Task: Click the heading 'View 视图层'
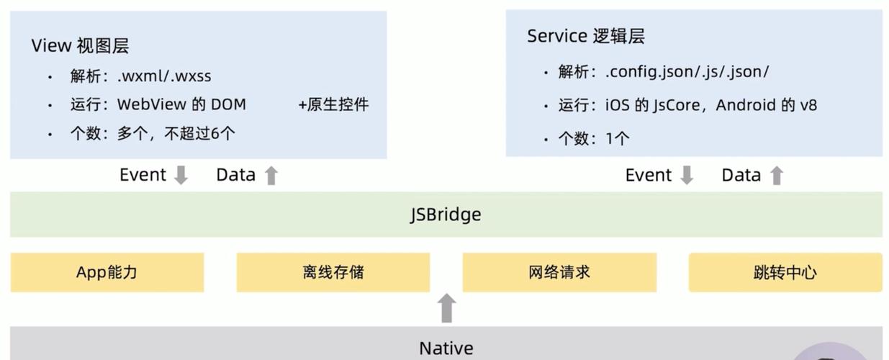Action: pyautogui.click(x=80, y=46)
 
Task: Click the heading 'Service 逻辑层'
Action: pyautogui.click(x=585, y=37)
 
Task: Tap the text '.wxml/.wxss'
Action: pyautogui.click(x=164, y=76)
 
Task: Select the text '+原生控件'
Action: pyautogui.click(x=333, y=104)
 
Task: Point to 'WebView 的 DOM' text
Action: pyautogui.click(x=181, y=104)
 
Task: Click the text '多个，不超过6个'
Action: pyautogui.click(x=176, y=133)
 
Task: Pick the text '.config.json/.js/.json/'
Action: pyautogui.click(x=687, y=72)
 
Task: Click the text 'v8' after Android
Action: pyautogui.click(x=808, y=105)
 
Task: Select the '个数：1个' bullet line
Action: pyautogui.click(x=594, y=138)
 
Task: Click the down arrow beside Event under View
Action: pyautogui.click(x=181, y=175)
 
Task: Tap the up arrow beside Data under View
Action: pyautogui.click(x=271, y=175)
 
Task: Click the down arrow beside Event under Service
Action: pyautogui.click(x=687, y=175)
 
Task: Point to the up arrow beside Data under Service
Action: pyautogui.click(x=776, y=175)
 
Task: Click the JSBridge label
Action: pyautogui.click(x=446, y=215)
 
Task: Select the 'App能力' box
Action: pyautogui.click(x=107, y=272)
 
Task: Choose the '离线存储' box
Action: pyautogui.click(x=333, y=272)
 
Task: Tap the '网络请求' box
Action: pyautogui.click(x=559, y=272)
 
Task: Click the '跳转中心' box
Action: pyautogui.click(x=785, y=272)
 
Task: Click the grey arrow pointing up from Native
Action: pyautogui.click(x=447, y=308)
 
